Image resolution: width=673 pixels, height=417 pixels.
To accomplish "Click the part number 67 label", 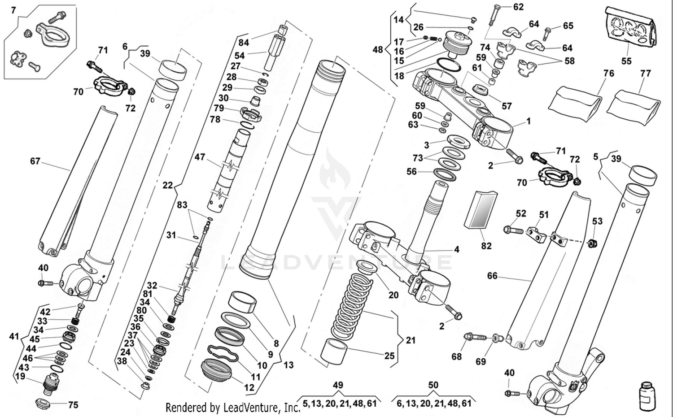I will click(x=35, y=161).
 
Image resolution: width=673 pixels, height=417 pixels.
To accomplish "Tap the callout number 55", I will click(x=626, y=61).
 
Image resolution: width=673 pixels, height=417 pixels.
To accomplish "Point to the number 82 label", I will click(x=486, y=246).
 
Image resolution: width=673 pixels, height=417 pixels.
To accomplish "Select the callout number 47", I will click(x=200, y=157).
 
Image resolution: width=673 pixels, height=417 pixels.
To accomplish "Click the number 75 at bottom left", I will click(x=73, y=405).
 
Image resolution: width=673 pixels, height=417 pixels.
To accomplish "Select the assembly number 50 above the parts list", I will click(x=433, y=385).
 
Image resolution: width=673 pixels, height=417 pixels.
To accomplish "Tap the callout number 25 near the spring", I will click(x=389, y=356).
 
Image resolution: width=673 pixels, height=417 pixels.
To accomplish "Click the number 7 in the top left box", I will click(x=13, y=10).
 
